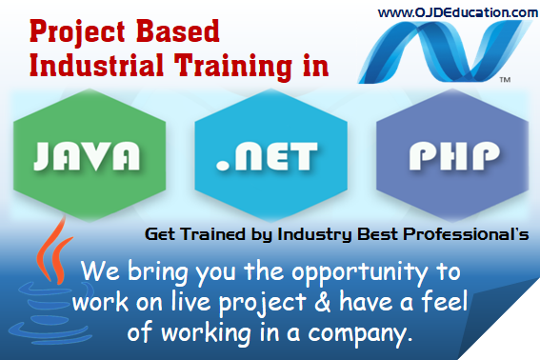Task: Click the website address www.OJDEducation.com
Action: pos(457,12)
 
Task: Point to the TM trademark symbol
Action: pos(504,80)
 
